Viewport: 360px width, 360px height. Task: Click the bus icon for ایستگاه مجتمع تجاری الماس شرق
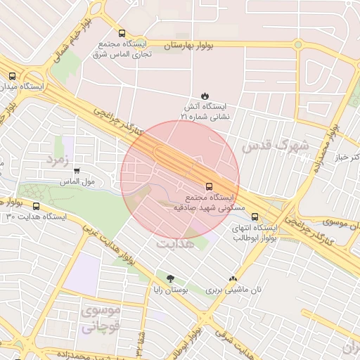[x=122, y=32]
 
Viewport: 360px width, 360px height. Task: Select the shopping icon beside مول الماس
[x=77, y=171]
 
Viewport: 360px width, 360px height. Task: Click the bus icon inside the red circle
[x=209, y=186]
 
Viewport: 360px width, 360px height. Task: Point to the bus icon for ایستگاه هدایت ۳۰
[x=36, y=206]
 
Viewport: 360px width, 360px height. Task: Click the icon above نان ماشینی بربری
[x=233, y=279]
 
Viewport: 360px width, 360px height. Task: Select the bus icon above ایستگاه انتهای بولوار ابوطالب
[x=255, y=217]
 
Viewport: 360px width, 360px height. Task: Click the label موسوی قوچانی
[x=101, y=318]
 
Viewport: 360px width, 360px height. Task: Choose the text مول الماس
[x=98, y=181]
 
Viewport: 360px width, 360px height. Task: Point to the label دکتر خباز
[x=345, y=156]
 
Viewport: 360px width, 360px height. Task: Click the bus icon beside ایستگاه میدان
[x=12, y=76]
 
